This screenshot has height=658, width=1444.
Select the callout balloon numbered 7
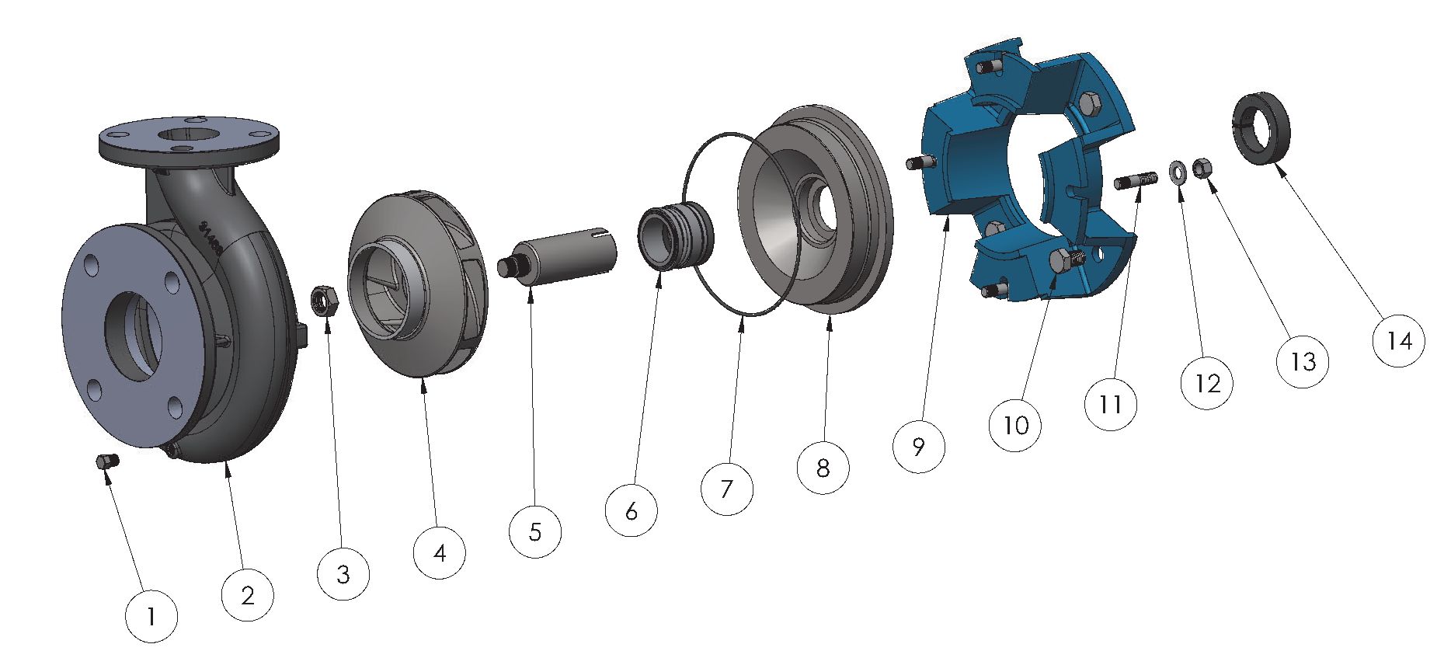(726, 489)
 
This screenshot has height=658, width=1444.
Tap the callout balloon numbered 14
(1399, 339)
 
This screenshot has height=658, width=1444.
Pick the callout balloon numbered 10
(1015, 424)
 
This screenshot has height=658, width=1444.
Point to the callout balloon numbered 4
(440, 553)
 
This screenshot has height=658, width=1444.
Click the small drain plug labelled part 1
(106, 461)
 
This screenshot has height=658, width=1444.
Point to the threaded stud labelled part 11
(1136, 181)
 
